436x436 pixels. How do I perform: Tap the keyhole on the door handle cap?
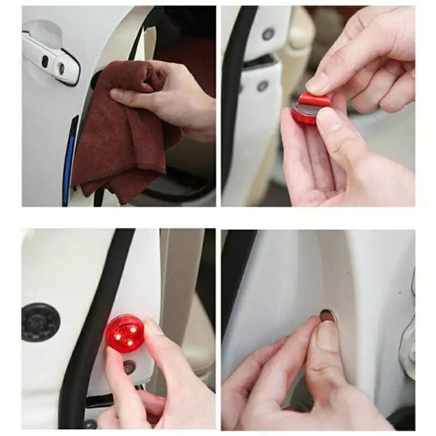pyautogui.click(x=62, y=67)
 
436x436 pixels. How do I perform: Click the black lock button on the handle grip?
pyautogui.click(x=45, y=60)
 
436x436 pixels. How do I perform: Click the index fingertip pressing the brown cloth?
pyautogui.click(x=117, y=95)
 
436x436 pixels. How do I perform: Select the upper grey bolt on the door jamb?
pyautogui.click(x=268, y=34)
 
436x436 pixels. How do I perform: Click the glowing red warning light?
pyautogui.click(x=125, y=333)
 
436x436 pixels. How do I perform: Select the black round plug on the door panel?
pyautogui.click(x=40, y=322)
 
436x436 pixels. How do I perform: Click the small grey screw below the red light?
pyautogui.click(x=129, y=367)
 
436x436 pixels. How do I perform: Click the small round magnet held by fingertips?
pyautogui.click(x=328, y=316)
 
